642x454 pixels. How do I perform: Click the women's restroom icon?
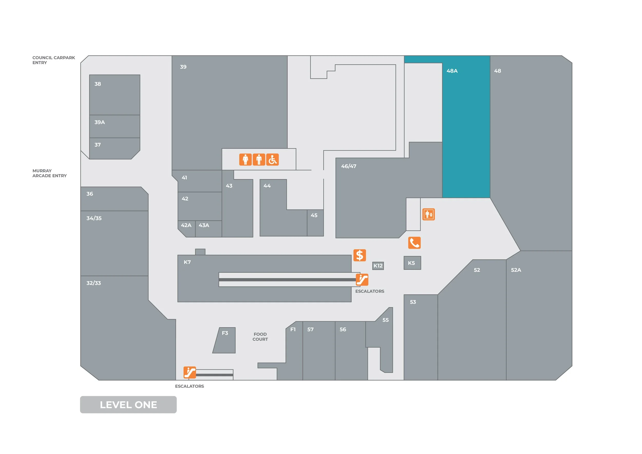click(245, 160)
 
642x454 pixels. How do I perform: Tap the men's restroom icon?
click(259, 160)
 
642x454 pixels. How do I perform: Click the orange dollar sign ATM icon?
click(360, 255)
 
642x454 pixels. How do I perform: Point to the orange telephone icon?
click(414, 243)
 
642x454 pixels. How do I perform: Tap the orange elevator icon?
click(428, 214)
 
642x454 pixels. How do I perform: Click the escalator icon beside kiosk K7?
click(362, 280)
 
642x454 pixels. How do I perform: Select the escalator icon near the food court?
click(190, 372)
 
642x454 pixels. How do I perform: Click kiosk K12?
click(378, 266)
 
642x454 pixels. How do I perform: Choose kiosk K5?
click(412, 263)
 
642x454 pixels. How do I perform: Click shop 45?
click(315, 223)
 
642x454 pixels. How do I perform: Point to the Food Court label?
click(260, 337)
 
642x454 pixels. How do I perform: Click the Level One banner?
click(128, 404)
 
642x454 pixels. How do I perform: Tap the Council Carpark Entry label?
click(53, 60)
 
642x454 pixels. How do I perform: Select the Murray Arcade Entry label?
click(50, 173)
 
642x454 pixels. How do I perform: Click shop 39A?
click(115, 126)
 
